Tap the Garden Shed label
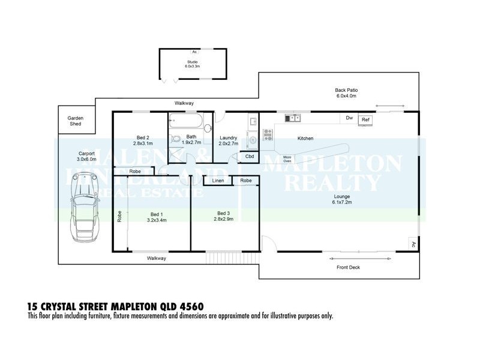pos(75,121)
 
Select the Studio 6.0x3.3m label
pos(193,65)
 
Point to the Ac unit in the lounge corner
pos(413,244)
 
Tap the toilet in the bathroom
pos(176,140)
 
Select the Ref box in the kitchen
pos(365,120)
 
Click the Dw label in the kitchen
pos(349,118)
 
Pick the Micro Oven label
pos(287,159)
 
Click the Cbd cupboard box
pos(249,156)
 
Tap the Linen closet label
pos(218,180)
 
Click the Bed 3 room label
pos(224,213)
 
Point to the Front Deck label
pos(348,268)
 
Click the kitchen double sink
pos(293,118)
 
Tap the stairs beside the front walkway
pos(223,258)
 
